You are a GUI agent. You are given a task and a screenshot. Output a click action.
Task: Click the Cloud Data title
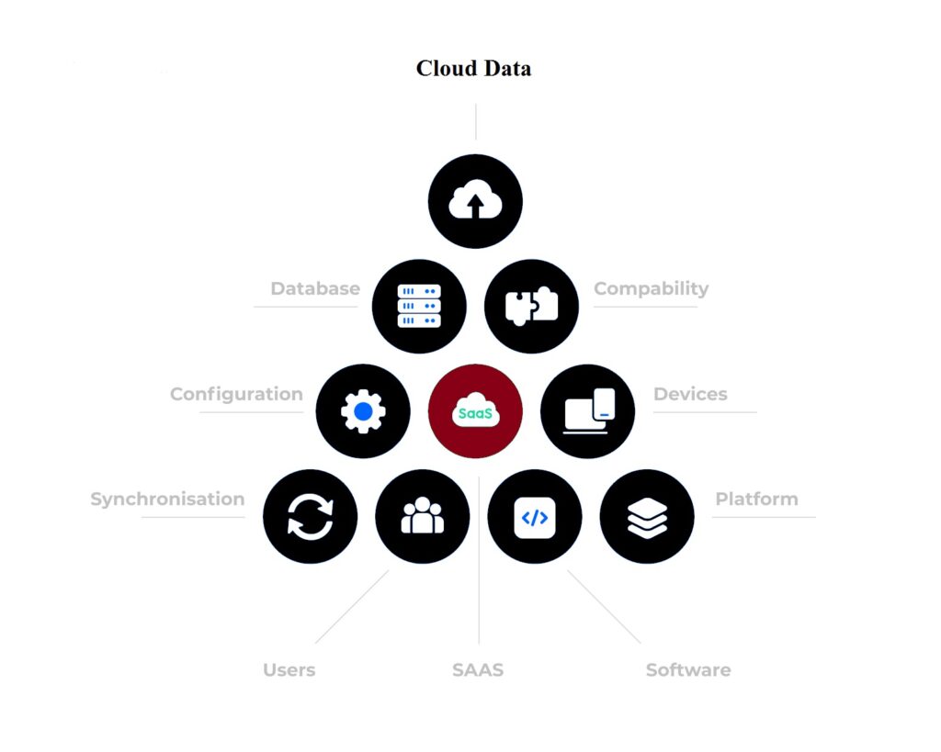(473, 69)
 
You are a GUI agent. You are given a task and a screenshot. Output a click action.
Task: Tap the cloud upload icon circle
(475, 202)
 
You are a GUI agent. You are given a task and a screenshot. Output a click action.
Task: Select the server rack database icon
(419, 306)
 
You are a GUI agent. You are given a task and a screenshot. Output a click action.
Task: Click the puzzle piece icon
(531, 306)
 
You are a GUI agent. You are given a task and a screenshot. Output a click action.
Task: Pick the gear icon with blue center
(363, 411)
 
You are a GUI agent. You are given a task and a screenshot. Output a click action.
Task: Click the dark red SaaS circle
(475, 411)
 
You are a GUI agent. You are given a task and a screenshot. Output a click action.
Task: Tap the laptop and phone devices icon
(588, 411)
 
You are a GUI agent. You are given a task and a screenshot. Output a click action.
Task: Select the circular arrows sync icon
(310, 516)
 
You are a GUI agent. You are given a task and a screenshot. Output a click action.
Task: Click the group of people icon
(423, 516)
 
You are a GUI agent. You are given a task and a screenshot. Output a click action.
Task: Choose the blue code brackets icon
(534, 517)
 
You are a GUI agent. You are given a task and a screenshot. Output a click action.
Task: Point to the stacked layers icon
(647, 516)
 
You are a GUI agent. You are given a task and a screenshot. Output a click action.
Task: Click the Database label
(315, 288)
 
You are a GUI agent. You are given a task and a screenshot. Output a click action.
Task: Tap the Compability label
(651, 288)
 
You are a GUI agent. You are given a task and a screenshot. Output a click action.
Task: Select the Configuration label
(236, 394)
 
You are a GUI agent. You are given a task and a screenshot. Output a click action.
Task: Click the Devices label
(690, 394)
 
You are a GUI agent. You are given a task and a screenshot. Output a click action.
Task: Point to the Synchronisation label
(167, 499)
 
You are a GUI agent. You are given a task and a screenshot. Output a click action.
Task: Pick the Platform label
(756, 499)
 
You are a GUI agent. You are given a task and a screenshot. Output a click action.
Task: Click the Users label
(289, 670)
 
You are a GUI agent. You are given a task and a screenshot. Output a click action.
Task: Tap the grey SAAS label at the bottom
(478, 670)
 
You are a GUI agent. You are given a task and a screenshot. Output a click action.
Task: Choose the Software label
(688, 670)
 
